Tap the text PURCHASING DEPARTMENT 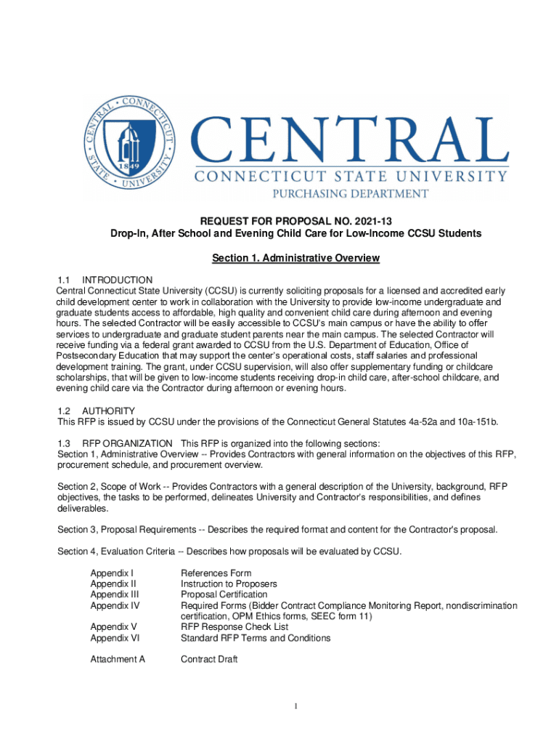click(349, 194)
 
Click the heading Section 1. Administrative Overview click(295, 258)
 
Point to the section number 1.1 click(64, 280)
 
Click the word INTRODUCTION click(118, 280)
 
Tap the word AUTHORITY click(109, 411)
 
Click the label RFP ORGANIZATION click(127, 443)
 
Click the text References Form click(216, 573)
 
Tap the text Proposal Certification click(224, 594)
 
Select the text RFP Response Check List click(234, 626)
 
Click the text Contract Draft click(209, 659)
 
